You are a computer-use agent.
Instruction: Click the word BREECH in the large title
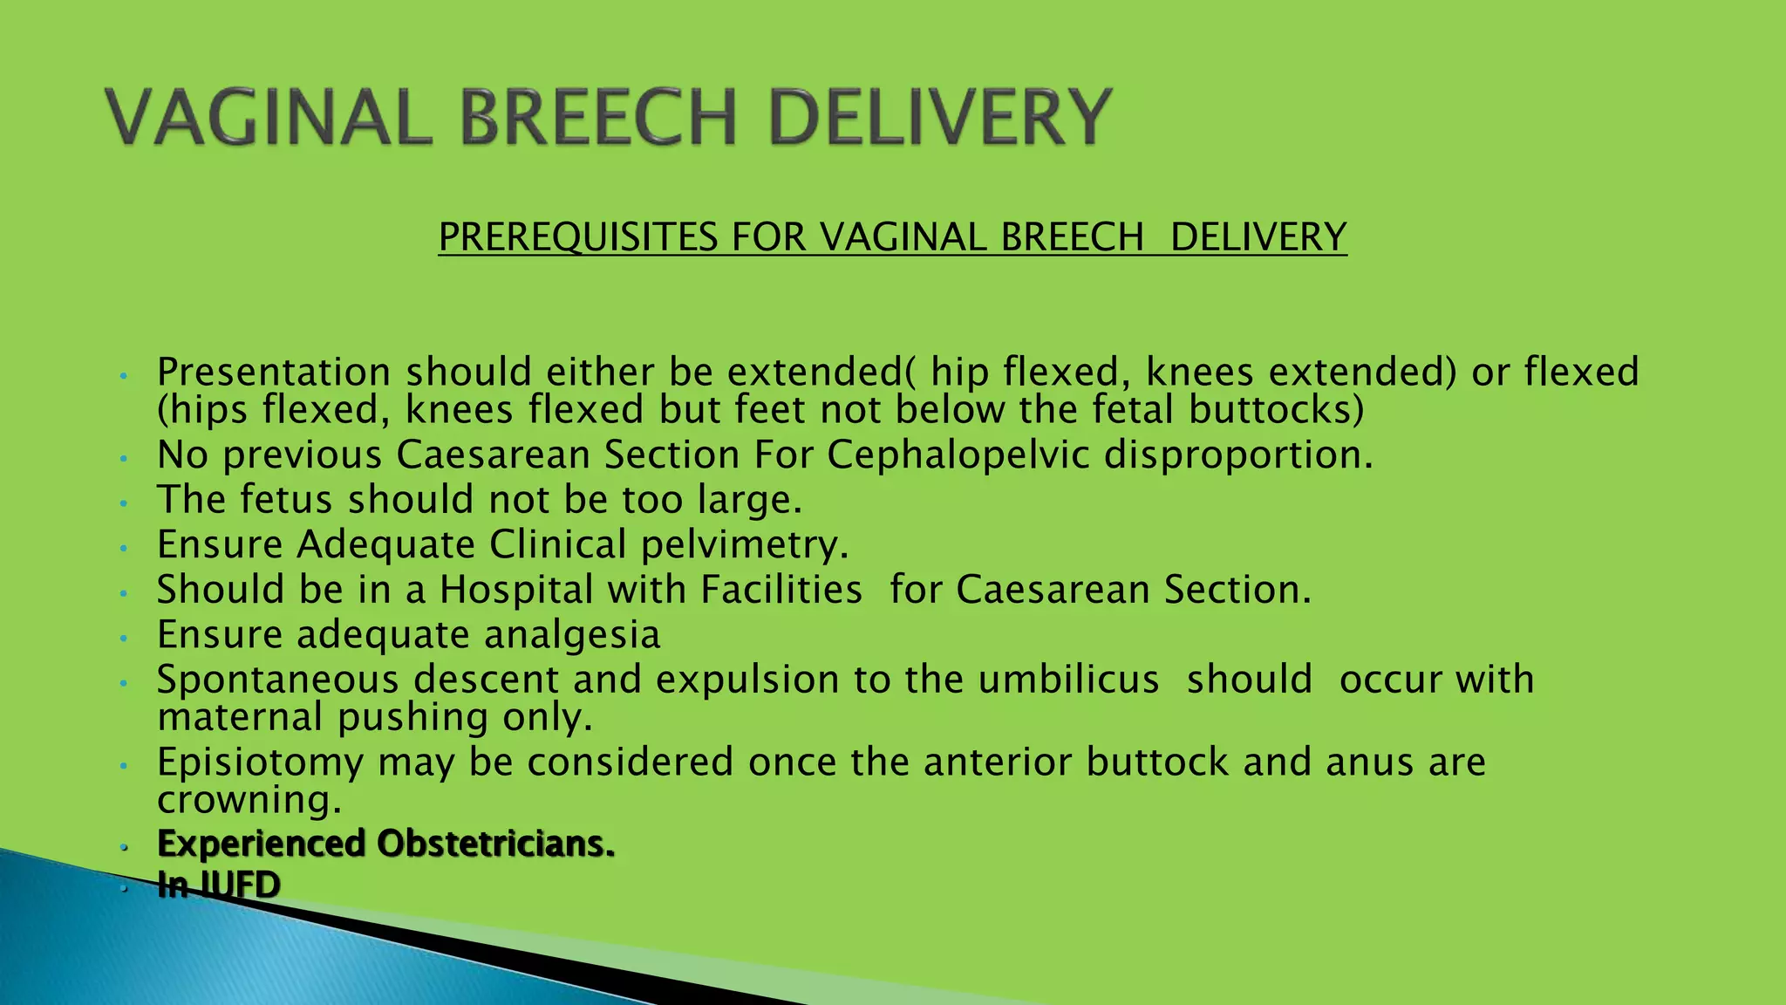pyautogui.click(x=598, y=117)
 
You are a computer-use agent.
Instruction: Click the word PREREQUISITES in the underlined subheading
pyautogui.click(x=578, y=237)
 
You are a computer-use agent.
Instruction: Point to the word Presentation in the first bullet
pyautogui.click(x=274, y=373)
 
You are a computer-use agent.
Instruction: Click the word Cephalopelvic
pyautogui.click(x=958, y=455)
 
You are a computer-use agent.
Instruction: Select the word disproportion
pyautogui.click(x=1238, y=455)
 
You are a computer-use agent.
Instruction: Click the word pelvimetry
pyautogui.click(x=745, y=545)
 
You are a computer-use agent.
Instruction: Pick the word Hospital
pyautogui.click(x=516, y=590)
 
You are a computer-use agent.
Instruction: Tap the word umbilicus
pyautogui.click(x=1068, y=680)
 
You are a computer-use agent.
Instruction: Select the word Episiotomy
pyautogui.click(x=260, y=762)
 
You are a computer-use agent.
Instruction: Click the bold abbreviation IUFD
pyautogui.click(x=240, y=885)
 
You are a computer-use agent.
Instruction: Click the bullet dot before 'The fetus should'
pyautogui.click(x=125, y=503)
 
